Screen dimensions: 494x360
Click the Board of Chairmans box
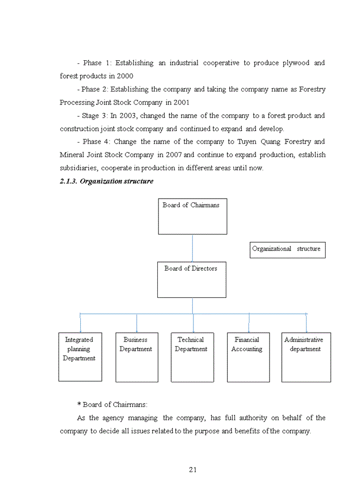click(192, 217)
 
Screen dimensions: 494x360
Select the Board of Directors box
click(191, 280)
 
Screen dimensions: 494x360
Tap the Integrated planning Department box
click(80, 357)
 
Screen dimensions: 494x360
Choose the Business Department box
click(136, 357)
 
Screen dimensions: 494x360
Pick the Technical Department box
click(192, 357)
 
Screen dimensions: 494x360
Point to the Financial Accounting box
click(248, 357)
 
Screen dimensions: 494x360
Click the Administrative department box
click(306, 357)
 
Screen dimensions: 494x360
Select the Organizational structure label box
click(287, 250)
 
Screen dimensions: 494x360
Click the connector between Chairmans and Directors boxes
click(192, 248)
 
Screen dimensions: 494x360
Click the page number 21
click(193, 469)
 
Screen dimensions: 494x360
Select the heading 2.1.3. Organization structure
click(106, 182)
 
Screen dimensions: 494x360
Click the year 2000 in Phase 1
click(124, 76)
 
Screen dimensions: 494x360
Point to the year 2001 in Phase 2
click(182, 102)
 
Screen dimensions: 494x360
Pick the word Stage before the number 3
click(91, 116)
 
